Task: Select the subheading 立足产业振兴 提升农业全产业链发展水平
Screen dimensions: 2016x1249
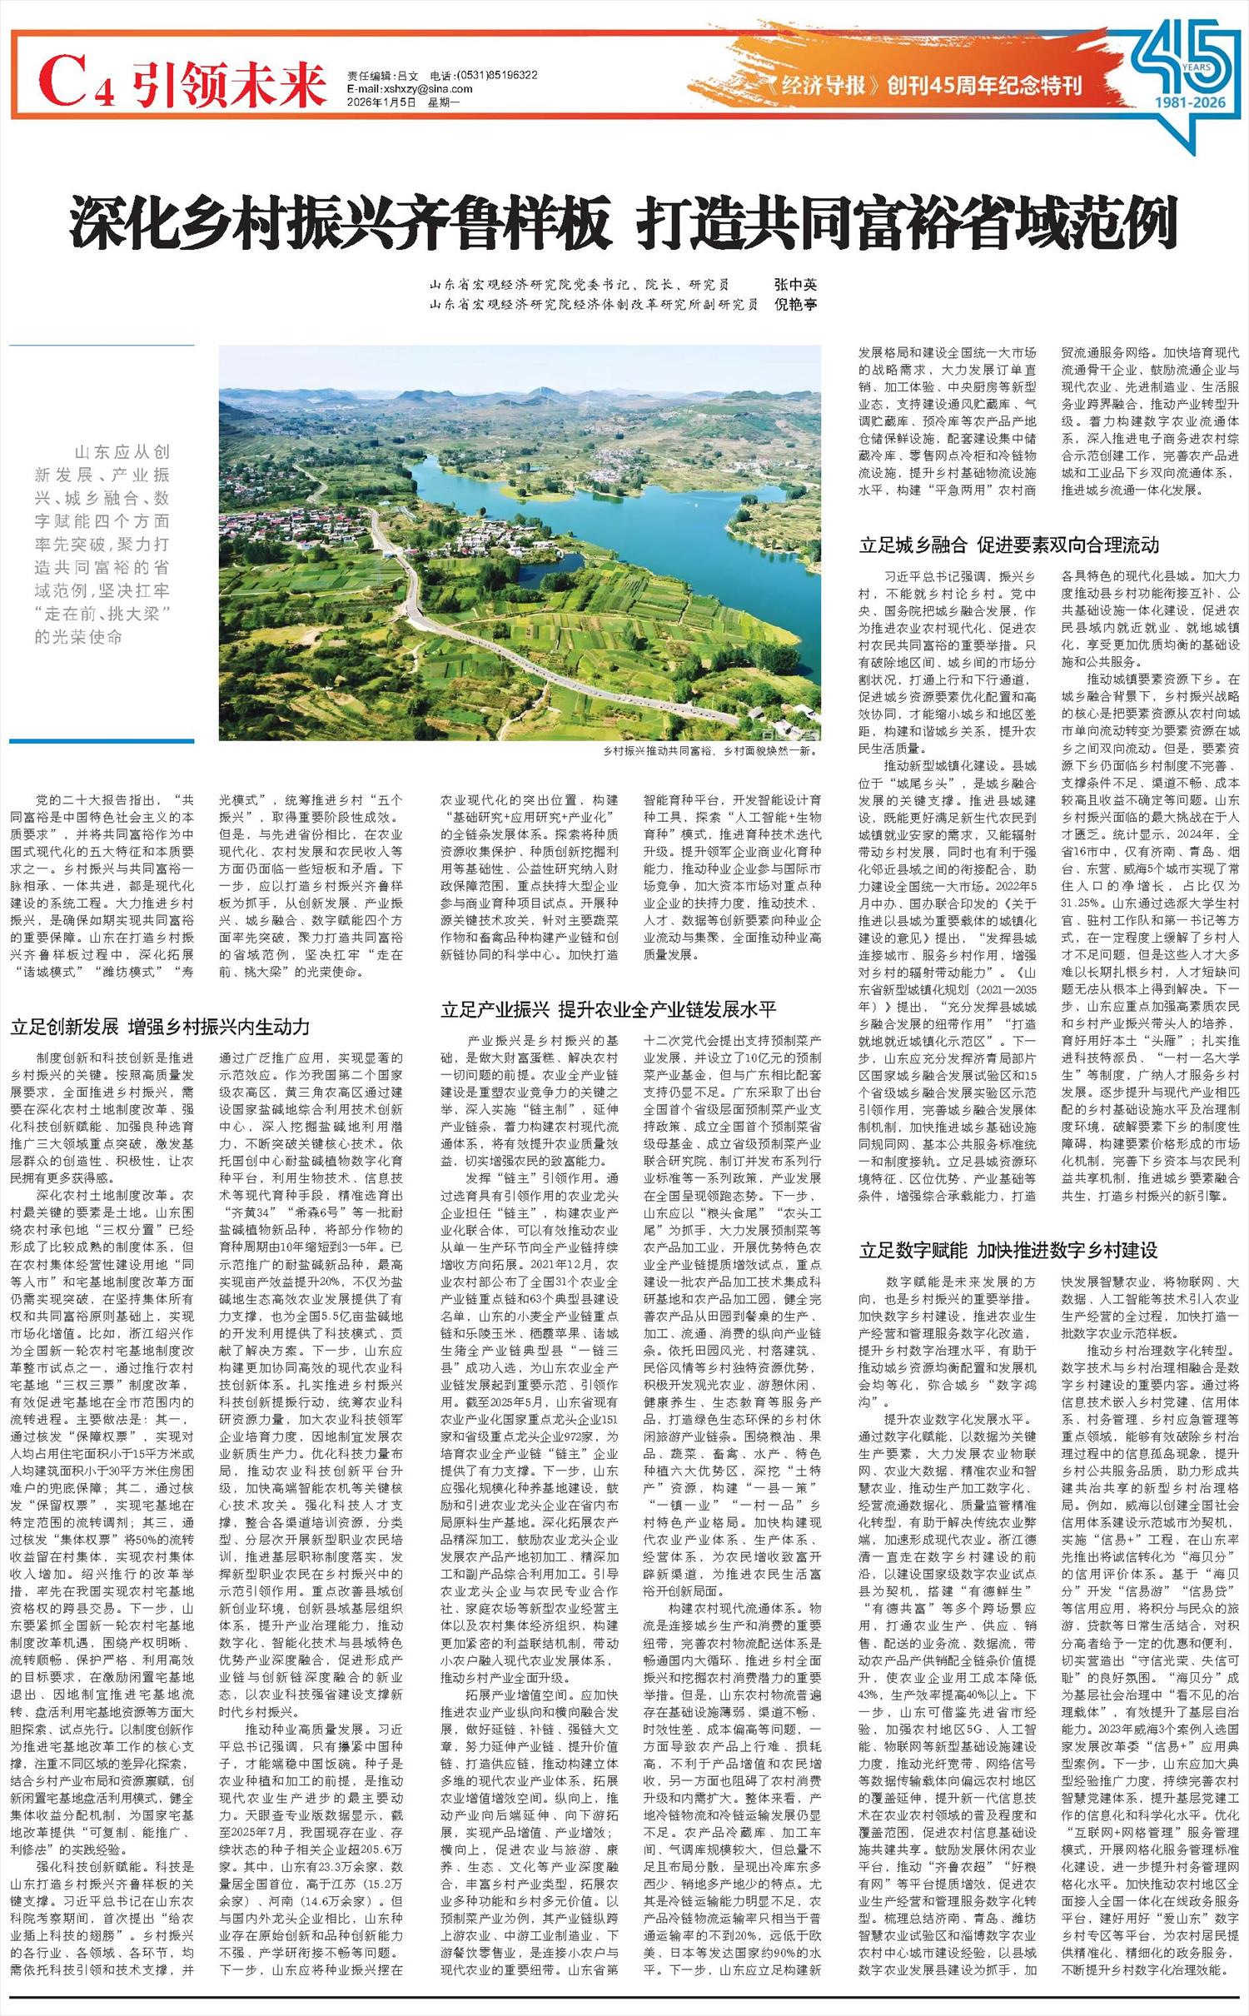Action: pos(609,1010)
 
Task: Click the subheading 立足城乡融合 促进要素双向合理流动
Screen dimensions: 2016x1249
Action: pos(1009,545)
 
